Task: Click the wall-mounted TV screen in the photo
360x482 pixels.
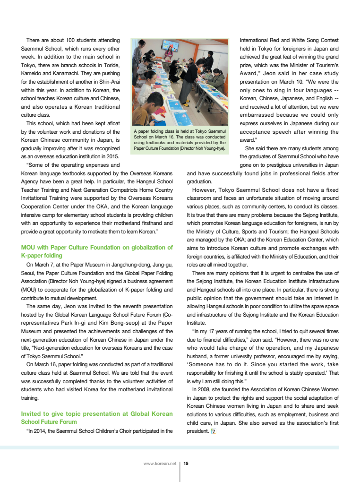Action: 171,46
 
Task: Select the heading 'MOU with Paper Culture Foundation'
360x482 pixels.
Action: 97,247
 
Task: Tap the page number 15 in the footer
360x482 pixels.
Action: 186,464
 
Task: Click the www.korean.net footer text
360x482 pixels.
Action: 160,464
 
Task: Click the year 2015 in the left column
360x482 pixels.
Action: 112,156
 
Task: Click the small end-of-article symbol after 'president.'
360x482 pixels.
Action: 214,431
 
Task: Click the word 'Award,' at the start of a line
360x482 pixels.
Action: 249,73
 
